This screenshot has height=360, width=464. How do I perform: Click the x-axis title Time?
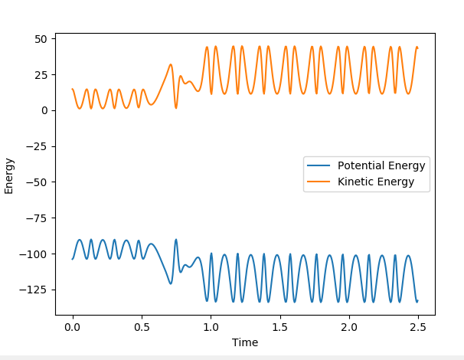(245, 342)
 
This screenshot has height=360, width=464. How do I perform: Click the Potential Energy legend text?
(381, 166)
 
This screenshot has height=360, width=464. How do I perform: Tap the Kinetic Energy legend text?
(376, 182)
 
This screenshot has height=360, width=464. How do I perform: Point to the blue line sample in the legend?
(319, 166)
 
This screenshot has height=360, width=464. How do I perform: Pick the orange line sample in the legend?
(319, 182)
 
